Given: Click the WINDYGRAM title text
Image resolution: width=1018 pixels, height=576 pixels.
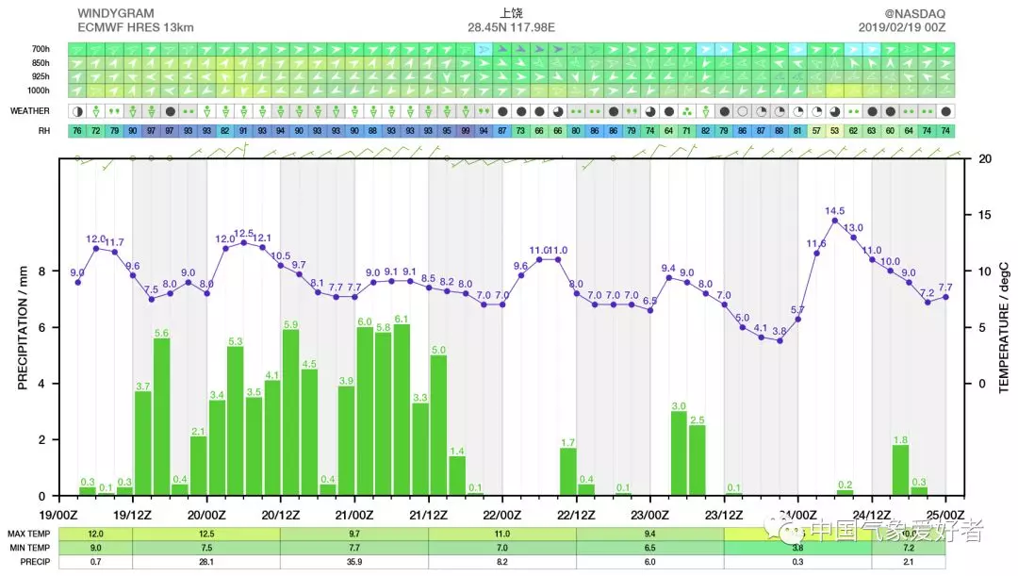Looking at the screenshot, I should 115,13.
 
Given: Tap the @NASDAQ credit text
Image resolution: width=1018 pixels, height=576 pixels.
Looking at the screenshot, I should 915,13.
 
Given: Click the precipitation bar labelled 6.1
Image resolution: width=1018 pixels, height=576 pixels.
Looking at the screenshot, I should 402,410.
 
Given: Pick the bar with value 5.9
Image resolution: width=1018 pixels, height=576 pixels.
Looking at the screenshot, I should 290,413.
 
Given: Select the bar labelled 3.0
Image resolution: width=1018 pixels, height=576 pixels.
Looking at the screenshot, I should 679,453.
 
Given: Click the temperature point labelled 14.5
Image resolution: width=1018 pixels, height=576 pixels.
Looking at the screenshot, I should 835,221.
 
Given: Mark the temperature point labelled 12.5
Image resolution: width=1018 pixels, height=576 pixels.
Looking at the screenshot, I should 244,242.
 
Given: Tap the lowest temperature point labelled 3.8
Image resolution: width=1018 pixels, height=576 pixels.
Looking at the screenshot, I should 780,340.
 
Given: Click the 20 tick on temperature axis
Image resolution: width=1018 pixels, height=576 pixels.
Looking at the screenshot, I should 984,158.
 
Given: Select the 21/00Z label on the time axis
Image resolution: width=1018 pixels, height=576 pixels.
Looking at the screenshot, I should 354,514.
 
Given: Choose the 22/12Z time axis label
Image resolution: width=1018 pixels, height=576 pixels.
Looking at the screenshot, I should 576,514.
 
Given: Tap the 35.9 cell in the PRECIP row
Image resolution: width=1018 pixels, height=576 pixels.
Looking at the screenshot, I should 354,562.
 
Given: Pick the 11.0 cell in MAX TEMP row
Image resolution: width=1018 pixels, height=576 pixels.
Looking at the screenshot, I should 502,534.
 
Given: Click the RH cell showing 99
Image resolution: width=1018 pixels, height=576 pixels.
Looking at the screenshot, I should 465,130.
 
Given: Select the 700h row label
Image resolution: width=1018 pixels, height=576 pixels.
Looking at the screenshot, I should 41,49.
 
